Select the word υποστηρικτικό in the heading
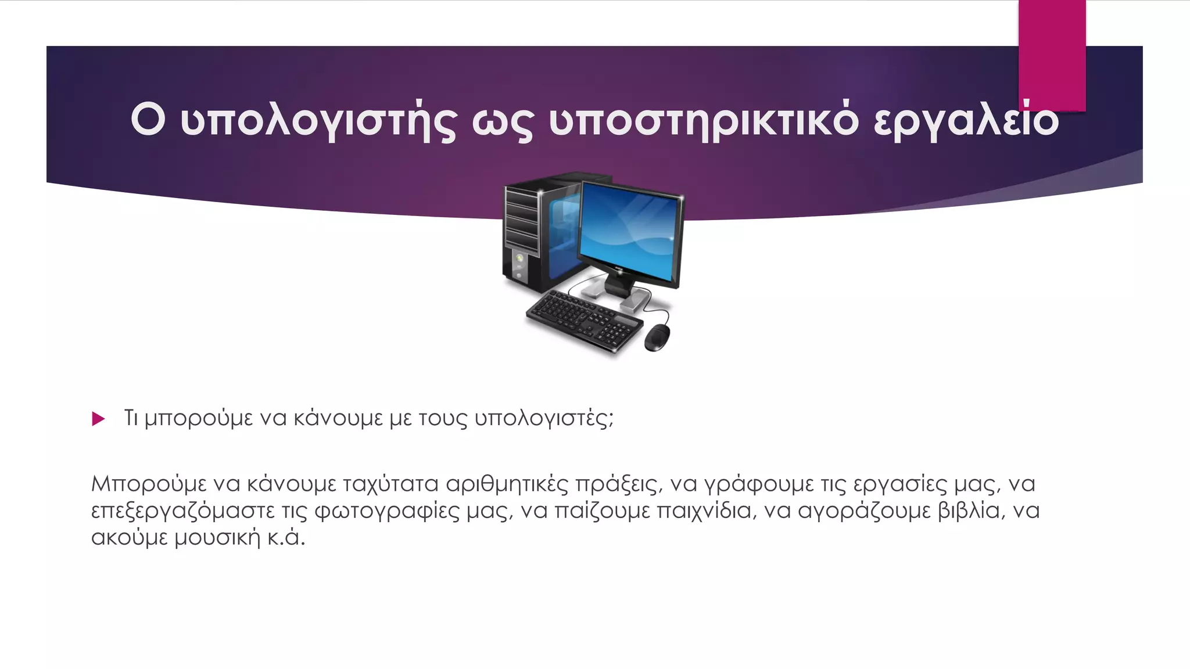click(x=703, y=121)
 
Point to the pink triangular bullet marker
click(x=98, y=419)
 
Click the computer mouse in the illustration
click(x=657, y=337)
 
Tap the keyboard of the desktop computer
click(x=583, y=320)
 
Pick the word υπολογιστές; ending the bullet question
click(x=544, y=419)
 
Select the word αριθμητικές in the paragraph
click(x=506, y=484)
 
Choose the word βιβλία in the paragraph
click(x=969, y=511)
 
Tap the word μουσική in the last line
click(x=217, y=538)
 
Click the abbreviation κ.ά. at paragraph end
click(x=286, y=538)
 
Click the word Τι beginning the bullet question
click(x=131, y=418)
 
